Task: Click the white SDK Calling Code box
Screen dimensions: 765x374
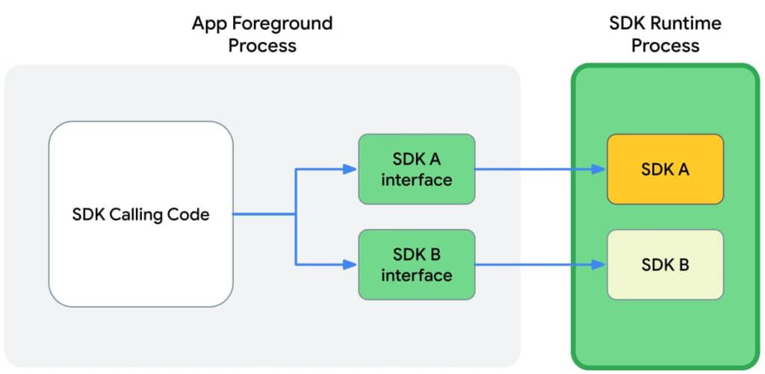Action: (141, 214)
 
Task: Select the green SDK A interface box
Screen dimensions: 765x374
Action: (417, 169)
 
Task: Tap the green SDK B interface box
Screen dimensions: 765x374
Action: (417, 265)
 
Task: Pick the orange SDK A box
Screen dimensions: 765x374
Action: (666, 169)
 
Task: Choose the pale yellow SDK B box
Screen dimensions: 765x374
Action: (666, 265)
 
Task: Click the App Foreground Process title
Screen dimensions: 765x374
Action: (262, 34)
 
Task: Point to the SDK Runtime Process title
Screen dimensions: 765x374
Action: (666, 34)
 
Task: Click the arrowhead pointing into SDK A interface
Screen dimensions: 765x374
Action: (350, 169)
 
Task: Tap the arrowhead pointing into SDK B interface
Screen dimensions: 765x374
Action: (350, 265)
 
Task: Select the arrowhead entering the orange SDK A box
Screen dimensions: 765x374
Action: (598, 169)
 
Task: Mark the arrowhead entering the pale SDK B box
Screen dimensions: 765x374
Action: (598, 265)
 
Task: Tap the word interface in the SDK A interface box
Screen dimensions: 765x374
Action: (417, 180)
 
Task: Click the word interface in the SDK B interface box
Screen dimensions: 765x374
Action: (417, 275)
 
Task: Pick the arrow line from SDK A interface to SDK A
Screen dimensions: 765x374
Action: (541, 169)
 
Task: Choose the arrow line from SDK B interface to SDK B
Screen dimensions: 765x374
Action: (541, 265)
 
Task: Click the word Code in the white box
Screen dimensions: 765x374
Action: (193, 214)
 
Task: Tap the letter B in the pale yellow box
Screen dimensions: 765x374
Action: (684, 265)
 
